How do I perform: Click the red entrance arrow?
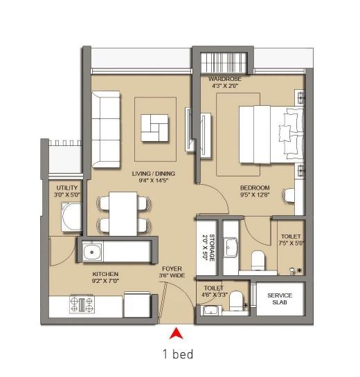click(177, 332)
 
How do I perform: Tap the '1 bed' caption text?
click(177, 354)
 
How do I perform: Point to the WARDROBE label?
click(225, 79)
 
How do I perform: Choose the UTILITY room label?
click(68, 187)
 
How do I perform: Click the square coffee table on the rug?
click(154, 127)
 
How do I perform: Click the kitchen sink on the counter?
click(93, 252)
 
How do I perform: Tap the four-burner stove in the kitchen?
click(82, 304)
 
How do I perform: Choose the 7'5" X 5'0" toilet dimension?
click(291, 244)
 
